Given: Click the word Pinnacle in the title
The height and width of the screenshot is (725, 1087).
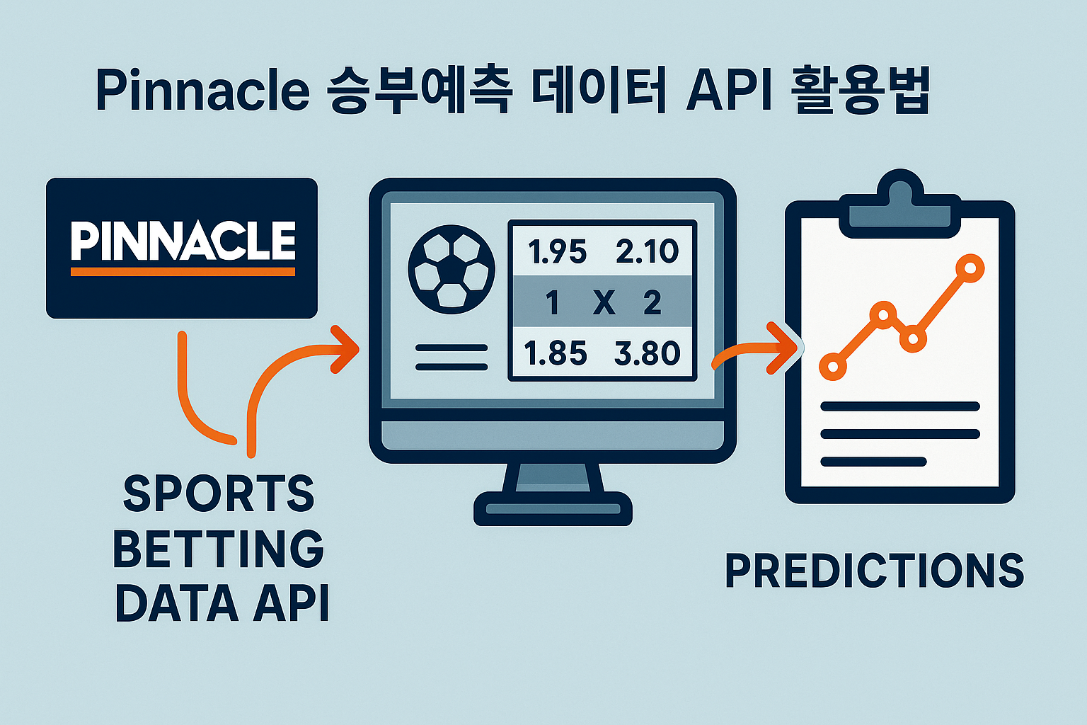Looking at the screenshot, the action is point(202,90).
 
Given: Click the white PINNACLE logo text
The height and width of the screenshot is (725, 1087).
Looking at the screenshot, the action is point(183,241).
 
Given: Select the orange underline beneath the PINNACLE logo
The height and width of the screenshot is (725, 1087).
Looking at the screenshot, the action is point(183,272).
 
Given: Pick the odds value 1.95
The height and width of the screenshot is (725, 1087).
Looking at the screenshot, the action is point(557,251).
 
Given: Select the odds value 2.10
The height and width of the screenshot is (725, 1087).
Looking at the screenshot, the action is point(647,251).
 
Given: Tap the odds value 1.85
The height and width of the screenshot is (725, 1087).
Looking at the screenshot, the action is point(556,353).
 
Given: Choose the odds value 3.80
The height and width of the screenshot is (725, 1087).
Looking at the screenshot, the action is point(648,353).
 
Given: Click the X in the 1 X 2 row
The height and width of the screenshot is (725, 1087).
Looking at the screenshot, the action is point(604,302).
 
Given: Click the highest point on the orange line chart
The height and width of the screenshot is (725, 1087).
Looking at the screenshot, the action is point(970,268).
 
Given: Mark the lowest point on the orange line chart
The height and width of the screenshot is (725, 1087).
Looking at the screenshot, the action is point(833,366).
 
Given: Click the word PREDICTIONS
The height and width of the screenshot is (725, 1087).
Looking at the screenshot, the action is point(875,571).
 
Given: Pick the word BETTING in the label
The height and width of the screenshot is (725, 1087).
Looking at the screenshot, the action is point(219,548).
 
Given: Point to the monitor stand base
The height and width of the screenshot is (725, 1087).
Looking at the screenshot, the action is point(553,508).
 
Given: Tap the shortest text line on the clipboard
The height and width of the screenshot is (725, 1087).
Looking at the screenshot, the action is point(873,462).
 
